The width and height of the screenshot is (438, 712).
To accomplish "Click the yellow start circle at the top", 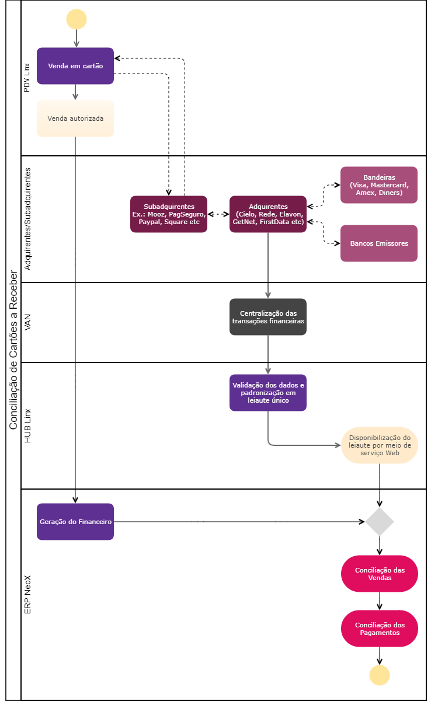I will pyautogui.click(x=77, y=19).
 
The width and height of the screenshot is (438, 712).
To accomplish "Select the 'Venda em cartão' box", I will pyautogui.click(x=75, y=66).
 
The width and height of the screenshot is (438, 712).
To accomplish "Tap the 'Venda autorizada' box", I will pyautogui.click(x=75, y=118).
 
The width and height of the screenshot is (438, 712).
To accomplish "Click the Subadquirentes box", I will pyautogui.click(x=169, y=214).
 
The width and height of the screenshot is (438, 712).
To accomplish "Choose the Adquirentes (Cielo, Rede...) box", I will pyautogui.click(x=268, y=214).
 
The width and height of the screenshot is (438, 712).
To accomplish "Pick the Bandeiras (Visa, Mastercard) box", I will pyautogui.click(x=379, y=185).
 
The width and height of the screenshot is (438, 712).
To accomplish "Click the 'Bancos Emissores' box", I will pyautogui.click(x=379, y=243).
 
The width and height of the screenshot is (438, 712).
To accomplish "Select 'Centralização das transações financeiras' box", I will pyautogui.click(x=268, y=317).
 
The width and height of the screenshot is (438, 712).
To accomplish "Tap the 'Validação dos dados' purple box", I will pyautogui.click(x=268, y=393).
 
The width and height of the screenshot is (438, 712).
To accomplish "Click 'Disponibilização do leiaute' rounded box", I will pyautogui.click(x=380, y=445).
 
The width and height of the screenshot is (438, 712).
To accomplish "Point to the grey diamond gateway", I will pyautogui.click(x=380, y=522).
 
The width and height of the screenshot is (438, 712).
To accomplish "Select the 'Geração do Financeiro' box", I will pyautogui.click(x=75, y=522).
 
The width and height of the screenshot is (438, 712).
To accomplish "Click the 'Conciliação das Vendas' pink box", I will pyautogui.click(x=380, y=574).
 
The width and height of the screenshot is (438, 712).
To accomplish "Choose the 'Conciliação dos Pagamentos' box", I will pyautogui.click(x=380, y=629).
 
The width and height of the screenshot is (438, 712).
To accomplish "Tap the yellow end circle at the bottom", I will pyautogui.click(x=380, y=675).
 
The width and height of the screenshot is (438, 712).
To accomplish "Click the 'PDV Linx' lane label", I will pyautogui.click(x=27, y=78).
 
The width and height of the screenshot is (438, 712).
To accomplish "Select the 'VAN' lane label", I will pyautogui.click(x=27, y=322).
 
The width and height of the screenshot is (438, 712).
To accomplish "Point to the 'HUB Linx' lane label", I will pyautogui.click(x=27, y=425).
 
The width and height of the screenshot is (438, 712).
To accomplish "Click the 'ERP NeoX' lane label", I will pyautogui.click(x=27, y=594).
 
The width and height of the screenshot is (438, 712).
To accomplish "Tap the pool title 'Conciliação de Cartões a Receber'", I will pyautogui.click(x=13, y=350).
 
